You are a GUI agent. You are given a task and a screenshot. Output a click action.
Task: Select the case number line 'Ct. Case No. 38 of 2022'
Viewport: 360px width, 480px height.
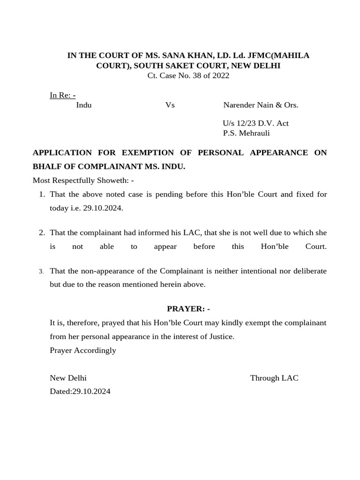(x=188, y=75)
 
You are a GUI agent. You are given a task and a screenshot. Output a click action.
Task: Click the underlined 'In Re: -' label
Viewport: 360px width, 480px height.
(x=63, y=95)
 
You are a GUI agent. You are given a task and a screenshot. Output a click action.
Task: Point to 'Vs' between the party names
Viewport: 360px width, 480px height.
(x=170, y=105)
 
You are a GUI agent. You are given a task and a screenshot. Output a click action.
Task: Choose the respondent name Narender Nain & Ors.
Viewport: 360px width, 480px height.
(x=261, y=105)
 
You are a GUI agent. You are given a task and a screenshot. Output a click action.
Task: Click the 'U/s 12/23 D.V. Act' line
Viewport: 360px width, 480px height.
(x=255, y=123)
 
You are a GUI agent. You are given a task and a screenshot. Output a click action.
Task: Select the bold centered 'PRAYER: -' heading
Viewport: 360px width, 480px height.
(x=188, y=308)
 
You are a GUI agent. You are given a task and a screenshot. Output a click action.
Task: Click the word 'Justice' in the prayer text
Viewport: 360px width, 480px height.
(x=220, y=337)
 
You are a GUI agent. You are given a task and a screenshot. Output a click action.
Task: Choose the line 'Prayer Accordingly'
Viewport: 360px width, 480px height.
(x=83, y=350)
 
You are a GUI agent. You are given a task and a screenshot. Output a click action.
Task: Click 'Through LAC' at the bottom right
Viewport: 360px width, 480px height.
(x=274, y=378)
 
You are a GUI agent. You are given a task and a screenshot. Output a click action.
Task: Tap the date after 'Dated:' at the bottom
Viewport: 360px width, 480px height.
(x=91, y=391)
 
